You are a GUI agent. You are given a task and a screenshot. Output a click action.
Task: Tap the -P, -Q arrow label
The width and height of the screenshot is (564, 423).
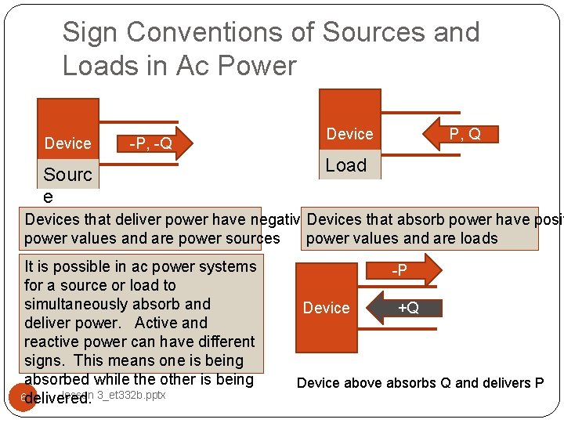click(150, 143)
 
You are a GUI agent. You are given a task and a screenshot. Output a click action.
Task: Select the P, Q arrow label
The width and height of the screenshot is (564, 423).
click(464, 135)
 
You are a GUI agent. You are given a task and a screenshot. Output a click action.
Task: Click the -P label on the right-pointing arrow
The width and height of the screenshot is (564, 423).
click(399, 270)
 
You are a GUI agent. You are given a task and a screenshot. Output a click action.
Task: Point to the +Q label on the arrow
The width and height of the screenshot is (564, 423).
click(408, 308)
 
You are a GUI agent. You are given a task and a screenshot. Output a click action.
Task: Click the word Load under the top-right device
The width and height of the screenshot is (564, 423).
click(346, 165)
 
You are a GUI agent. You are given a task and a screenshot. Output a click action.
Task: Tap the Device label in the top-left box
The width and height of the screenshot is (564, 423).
click(67, 143)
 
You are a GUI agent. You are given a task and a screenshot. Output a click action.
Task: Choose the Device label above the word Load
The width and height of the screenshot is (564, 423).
click(349, 134)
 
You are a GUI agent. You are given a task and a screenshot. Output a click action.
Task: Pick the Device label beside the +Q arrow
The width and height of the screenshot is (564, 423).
click(326, 308)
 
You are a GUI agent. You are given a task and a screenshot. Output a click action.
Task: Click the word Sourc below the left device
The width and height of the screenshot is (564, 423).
click(67, 175)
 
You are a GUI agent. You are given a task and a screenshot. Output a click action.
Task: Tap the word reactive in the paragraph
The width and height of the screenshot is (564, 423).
click(52, 342)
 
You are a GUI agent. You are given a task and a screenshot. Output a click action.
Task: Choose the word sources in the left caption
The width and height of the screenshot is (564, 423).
click(251, 238)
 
